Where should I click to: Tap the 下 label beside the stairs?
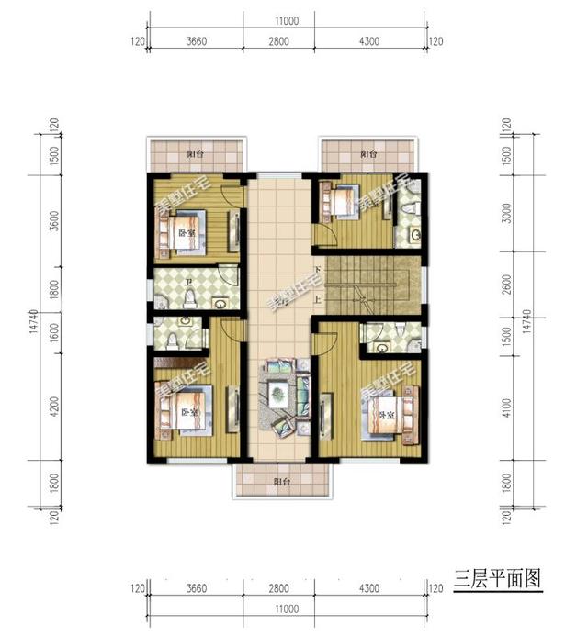[x=317, y=271]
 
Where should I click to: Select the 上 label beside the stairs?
[x=317, y=299]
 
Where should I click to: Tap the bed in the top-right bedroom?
[x=343, y=203]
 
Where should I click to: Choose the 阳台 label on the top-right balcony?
[x=368, y=154]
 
